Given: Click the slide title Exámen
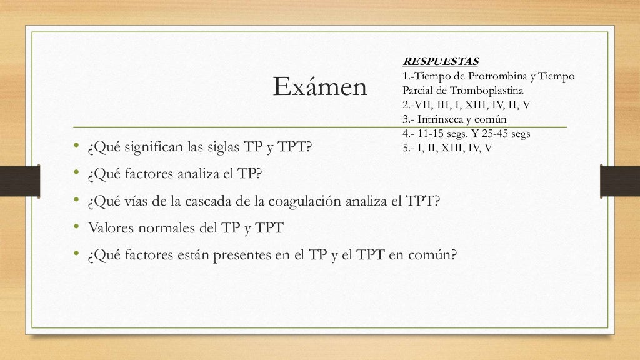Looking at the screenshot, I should (320, 88).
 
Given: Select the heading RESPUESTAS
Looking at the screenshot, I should (441, 61).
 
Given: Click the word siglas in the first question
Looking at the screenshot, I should (239, 147).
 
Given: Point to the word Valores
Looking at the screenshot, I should (112, 228).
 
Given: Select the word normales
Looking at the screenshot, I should (166, 228).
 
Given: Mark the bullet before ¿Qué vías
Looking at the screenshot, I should (74, 201).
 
